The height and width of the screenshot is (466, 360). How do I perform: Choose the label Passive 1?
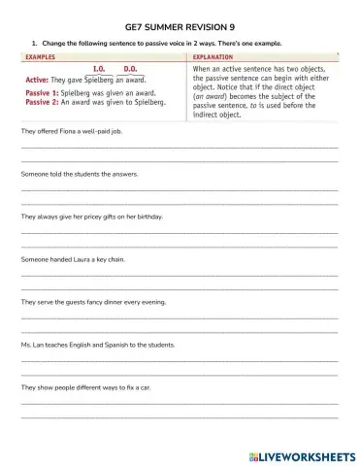(42, 92)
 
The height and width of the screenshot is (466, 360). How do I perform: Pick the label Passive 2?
(42, 101)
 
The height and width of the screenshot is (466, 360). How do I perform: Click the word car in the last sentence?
(145, 387)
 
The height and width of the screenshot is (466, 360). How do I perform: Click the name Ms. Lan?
(31, 345)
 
